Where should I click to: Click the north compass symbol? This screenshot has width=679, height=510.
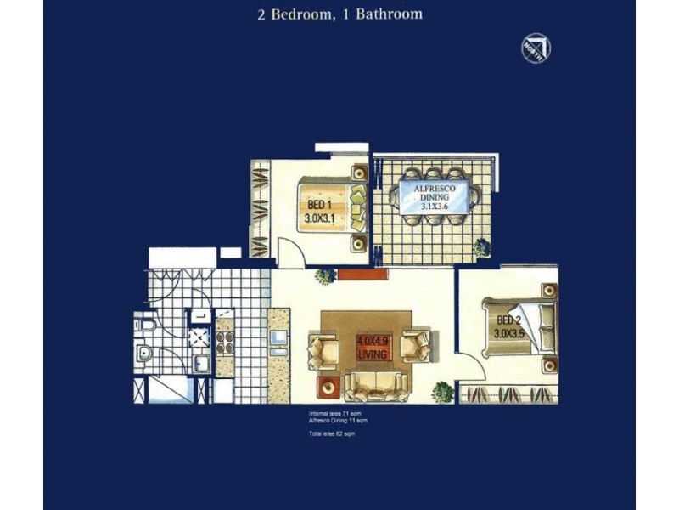point(536,48)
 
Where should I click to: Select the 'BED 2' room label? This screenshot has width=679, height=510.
point(508,326)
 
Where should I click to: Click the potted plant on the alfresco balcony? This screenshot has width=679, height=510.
point(482,247)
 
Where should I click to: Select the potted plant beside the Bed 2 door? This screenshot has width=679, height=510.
point(442,392)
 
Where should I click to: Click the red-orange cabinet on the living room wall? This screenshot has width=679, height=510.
point(372,274)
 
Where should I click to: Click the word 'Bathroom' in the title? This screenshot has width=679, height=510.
point(387,14)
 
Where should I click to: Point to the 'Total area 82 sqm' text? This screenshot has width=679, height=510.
point(332,434)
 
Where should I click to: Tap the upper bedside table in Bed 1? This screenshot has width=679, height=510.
point(357,171)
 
